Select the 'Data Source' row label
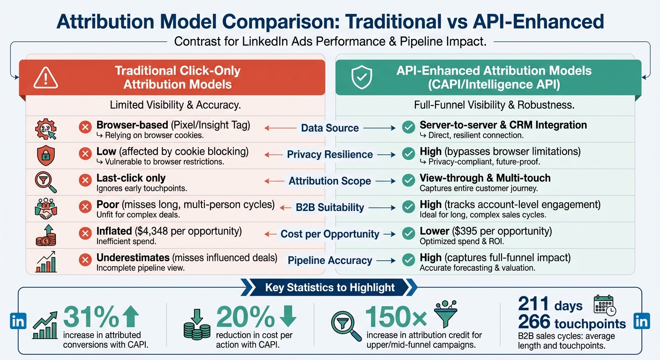tap(330, 128)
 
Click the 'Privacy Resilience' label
tap(330, 155)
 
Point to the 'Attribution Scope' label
tap(330, 181)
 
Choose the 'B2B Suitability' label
tap(330, 207)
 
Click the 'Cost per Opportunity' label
tap(330, 233)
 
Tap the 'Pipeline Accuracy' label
tap(330, 260)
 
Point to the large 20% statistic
tap(246, 317)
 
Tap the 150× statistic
tap(396, 317)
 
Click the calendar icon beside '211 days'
tap(604, 304)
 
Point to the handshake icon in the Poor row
tap(45, 209)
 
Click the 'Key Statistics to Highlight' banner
tap(330, 287)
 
